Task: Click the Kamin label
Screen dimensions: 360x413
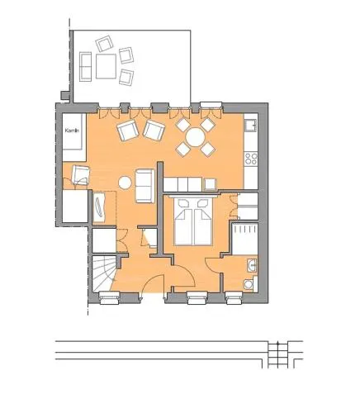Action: [x=72, y=131]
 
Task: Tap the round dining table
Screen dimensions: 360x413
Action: [x=195, y=137]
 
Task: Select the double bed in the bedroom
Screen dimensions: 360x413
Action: [x=193, y=221]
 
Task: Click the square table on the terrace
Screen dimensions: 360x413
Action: [x=106, y=66]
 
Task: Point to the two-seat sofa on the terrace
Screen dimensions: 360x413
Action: [x=85, y=67]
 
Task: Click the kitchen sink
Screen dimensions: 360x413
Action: [x=251, y=125]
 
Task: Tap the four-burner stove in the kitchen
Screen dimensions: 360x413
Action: [x=251, y=159]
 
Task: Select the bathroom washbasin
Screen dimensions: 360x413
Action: [x=252, y=266]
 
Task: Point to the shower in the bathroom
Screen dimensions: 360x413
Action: [x=244, y=239]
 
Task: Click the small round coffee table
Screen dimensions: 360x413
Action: [x=125, y=183]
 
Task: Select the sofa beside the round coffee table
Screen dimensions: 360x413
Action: [x=144, y=186]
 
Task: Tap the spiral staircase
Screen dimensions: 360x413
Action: [x=104, y=273]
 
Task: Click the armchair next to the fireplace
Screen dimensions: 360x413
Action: [x=80, y=174]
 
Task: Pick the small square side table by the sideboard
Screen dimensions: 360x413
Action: [x=211, y=184]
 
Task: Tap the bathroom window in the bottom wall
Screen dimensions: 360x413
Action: [x=234, y=297]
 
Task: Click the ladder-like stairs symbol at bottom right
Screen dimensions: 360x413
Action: [x=278, y=354]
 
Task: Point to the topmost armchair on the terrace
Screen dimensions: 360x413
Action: [x=104, y=44]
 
